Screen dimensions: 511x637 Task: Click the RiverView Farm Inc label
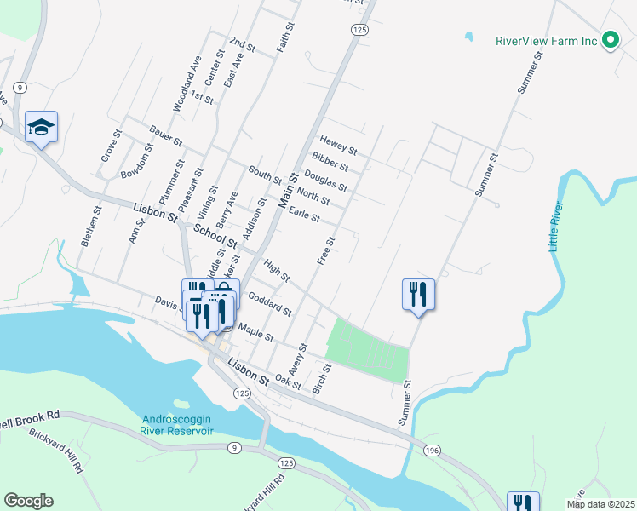pos(547,40)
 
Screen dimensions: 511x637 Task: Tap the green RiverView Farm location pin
pos(610,40)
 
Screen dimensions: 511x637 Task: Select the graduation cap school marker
pos(41,127)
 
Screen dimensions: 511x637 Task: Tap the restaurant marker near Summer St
pos(418,295)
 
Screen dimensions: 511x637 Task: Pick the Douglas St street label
pos(325,181)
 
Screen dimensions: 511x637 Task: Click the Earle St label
pos(304,215)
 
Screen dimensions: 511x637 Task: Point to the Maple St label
pos(255,332)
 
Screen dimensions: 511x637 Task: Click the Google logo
pos(28,501)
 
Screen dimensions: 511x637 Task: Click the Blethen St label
pos(91,227)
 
